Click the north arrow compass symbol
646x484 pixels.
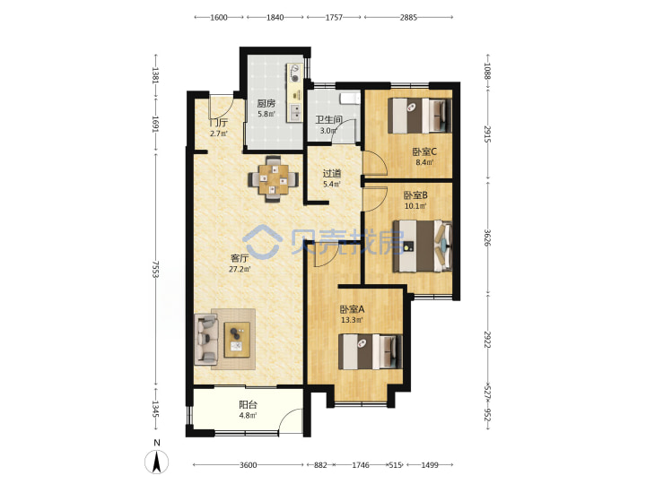point(156,461)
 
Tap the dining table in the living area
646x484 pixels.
point(274,179)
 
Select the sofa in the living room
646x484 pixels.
point(205,340)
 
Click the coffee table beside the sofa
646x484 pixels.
point(237,340)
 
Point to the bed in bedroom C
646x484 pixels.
point(420,116)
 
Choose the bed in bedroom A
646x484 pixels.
point(370,351)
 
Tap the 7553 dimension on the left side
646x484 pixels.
point(156,269)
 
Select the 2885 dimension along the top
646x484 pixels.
point(408,17)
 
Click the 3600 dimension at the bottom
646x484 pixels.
point(248,465)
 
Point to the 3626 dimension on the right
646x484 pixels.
point(487,238)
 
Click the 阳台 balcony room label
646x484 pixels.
point(248,405)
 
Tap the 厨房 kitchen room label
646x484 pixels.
point(266,103)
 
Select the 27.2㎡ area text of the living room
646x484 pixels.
point(240,270)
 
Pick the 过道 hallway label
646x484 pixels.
point(332,174)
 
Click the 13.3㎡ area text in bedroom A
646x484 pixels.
point(352,320)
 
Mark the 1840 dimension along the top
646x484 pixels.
point(275,17)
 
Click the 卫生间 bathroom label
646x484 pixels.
point(328,120)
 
